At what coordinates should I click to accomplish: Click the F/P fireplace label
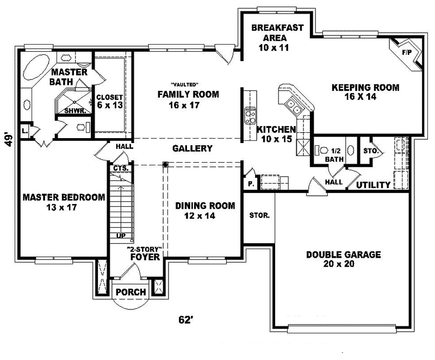407,52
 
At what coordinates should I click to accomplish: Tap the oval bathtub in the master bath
36,66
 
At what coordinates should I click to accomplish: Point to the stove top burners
250,116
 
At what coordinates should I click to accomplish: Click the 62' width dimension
185,320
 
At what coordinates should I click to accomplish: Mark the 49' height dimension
9,140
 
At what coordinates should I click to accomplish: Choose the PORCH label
130,292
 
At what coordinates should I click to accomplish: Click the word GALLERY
192,148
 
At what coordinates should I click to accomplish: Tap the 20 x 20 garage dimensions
339,264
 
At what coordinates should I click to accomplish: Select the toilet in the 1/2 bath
321,151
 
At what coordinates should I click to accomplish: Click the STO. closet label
371,151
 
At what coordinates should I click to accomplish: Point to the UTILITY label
373,185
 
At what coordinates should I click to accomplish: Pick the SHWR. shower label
75,111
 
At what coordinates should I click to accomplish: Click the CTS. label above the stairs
121,168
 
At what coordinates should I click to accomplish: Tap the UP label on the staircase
121,235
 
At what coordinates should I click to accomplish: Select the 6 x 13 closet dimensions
110,104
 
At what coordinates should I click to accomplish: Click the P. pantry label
251,184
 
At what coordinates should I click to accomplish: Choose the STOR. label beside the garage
259,215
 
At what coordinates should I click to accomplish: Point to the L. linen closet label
24,131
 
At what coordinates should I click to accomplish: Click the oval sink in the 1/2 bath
350,150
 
